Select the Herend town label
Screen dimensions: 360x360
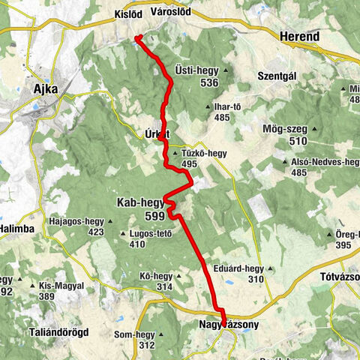[x=299, y=36]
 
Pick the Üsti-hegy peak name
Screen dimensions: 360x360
[x=197, y=70]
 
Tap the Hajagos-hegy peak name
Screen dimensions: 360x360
[x=75, y=222]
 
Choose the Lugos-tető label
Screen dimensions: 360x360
[x=151, y=234]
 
